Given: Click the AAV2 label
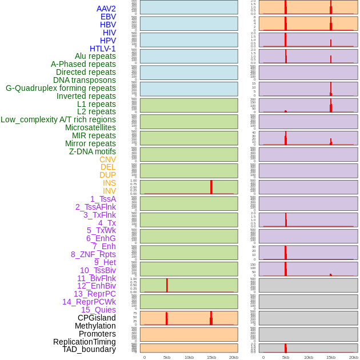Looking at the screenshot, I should tap(106, 9).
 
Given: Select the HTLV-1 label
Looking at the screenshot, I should tap(103, 49).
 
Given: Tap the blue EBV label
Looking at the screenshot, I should tap(108, 17).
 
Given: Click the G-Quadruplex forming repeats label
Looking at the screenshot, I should tap(61, 88).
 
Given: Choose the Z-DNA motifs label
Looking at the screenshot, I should tap(93, 151).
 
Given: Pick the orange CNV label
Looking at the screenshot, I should tap(107, 159).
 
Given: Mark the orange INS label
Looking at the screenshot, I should tap(109, 183).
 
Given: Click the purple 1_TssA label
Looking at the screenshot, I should tap(103, 199).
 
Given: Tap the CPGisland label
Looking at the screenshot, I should tap(97, 318).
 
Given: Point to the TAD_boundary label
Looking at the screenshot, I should tap(89, 349).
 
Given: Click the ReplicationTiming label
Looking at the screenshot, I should tap(85, 342).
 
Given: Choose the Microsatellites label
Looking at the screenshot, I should tap(90, 127).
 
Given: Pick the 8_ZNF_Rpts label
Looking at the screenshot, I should tap(93, 254).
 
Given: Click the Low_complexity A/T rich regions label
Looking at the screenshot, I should tap(58, 119).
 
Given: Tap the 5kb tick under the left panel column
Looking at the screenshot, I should tap(167, 357).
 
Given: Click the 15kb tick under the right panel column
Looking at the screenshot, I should tap(330, 357).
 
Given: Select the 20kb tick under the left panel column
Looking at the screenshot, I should tap(234, 357).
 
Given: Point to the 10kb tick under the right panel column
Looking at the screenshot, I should tap(308, 357).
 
